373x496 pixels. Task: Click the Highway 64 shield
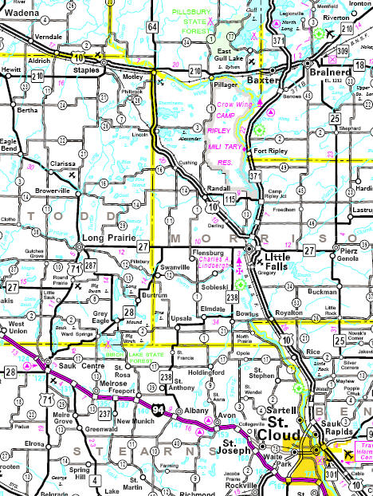tap(152, 28)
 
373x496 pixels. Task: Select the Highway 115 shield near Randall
tap(230, 199)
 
